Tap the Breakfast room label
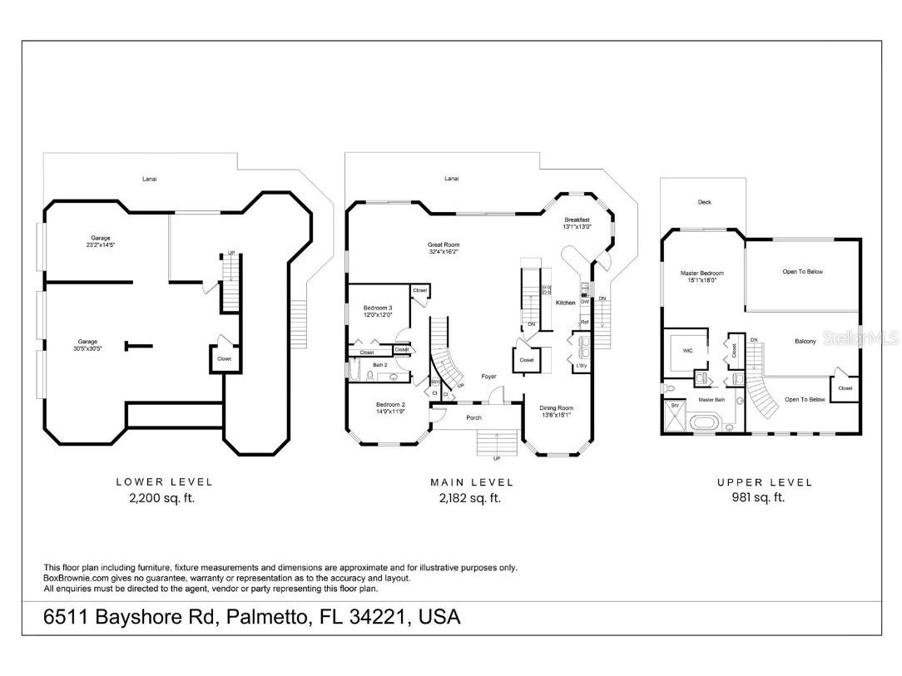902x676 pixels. pos(577,223)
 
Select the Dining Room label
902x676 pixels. pos(556,411)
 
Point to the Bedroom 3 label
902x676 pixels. pos(377,311)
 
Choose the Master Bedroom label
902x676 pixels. pos(701,276)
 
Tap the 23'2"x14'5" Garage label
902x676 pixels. pos(100,241)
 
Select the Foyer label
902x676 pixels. pos(489,376)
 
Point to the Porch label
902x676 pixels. pos(473,417)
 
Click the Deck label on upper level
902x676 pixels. pos(704,202)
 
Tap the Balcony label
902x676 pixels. pos(805,341)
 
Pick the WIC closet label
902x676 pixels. pos(687,351)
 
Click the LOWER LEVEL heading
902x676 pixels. pos(164,482)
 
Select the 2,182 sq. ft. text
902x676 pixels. pos(469,499)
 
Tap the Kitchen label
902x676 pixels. pos(565,303)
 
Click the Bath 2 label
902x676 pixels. pos(380,365)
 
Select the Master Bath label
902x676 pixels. pos(711,400)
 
